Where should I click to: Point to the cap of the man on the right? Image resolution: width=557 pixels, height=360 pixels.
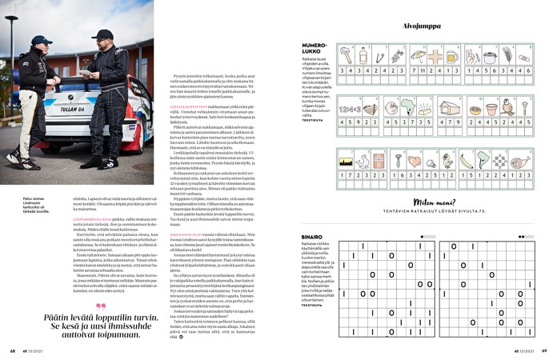coord(102,34)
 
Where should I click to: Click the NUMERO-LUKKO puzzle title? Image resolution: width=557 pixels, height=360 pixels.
coord(314,49)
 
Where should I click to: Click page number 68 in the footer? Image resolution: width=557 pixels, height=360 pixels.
coord(13,350)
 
